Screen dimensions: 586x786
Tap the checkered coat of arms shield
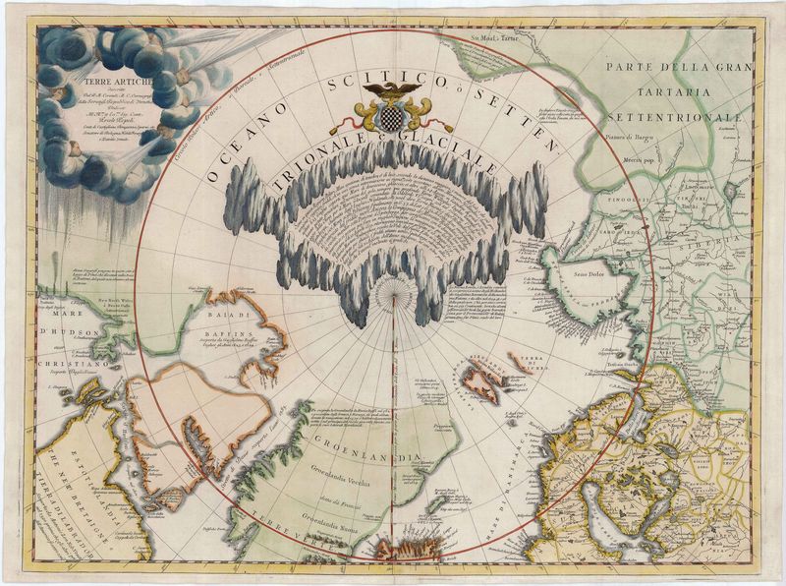(391, 117)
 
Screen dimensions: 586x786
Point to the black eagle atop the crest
(391, 91)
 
